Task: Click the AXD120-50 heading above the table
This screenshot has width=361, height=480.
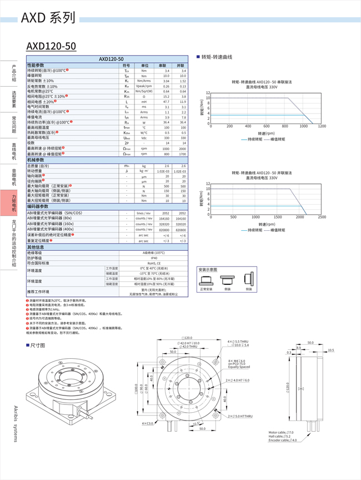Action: tap(51, 46)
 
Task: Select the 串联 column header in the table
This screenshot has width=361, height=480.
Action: tap(163, 66)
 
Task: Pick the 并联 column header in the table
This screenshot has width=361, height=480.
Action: tap(180, 66)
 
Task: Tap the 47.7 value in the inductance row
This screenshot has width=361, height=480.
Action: tap(166, 102)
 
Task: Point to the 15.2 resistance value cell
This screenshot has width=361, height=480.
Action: tap(166, 97)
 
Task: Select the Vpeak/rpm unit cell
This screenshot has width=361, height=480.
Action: tap(144, 86)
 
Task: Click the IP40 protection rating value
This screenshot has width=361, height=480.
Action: tap(154, 258)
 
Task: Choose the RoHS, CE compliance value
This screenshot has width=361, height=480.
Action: tap(154, 263)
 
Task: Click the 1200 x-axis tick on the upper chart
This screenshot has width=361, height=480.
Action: tap(322, 127)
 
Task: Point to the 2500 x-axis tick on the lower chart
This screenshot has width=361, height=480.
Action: tap(322, 217)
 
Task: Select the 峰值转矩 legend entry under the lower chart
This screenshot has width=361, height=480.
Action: tap(275, 230)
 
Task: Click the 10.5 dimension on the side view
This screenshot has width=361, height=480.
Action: tap(331, 350)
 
